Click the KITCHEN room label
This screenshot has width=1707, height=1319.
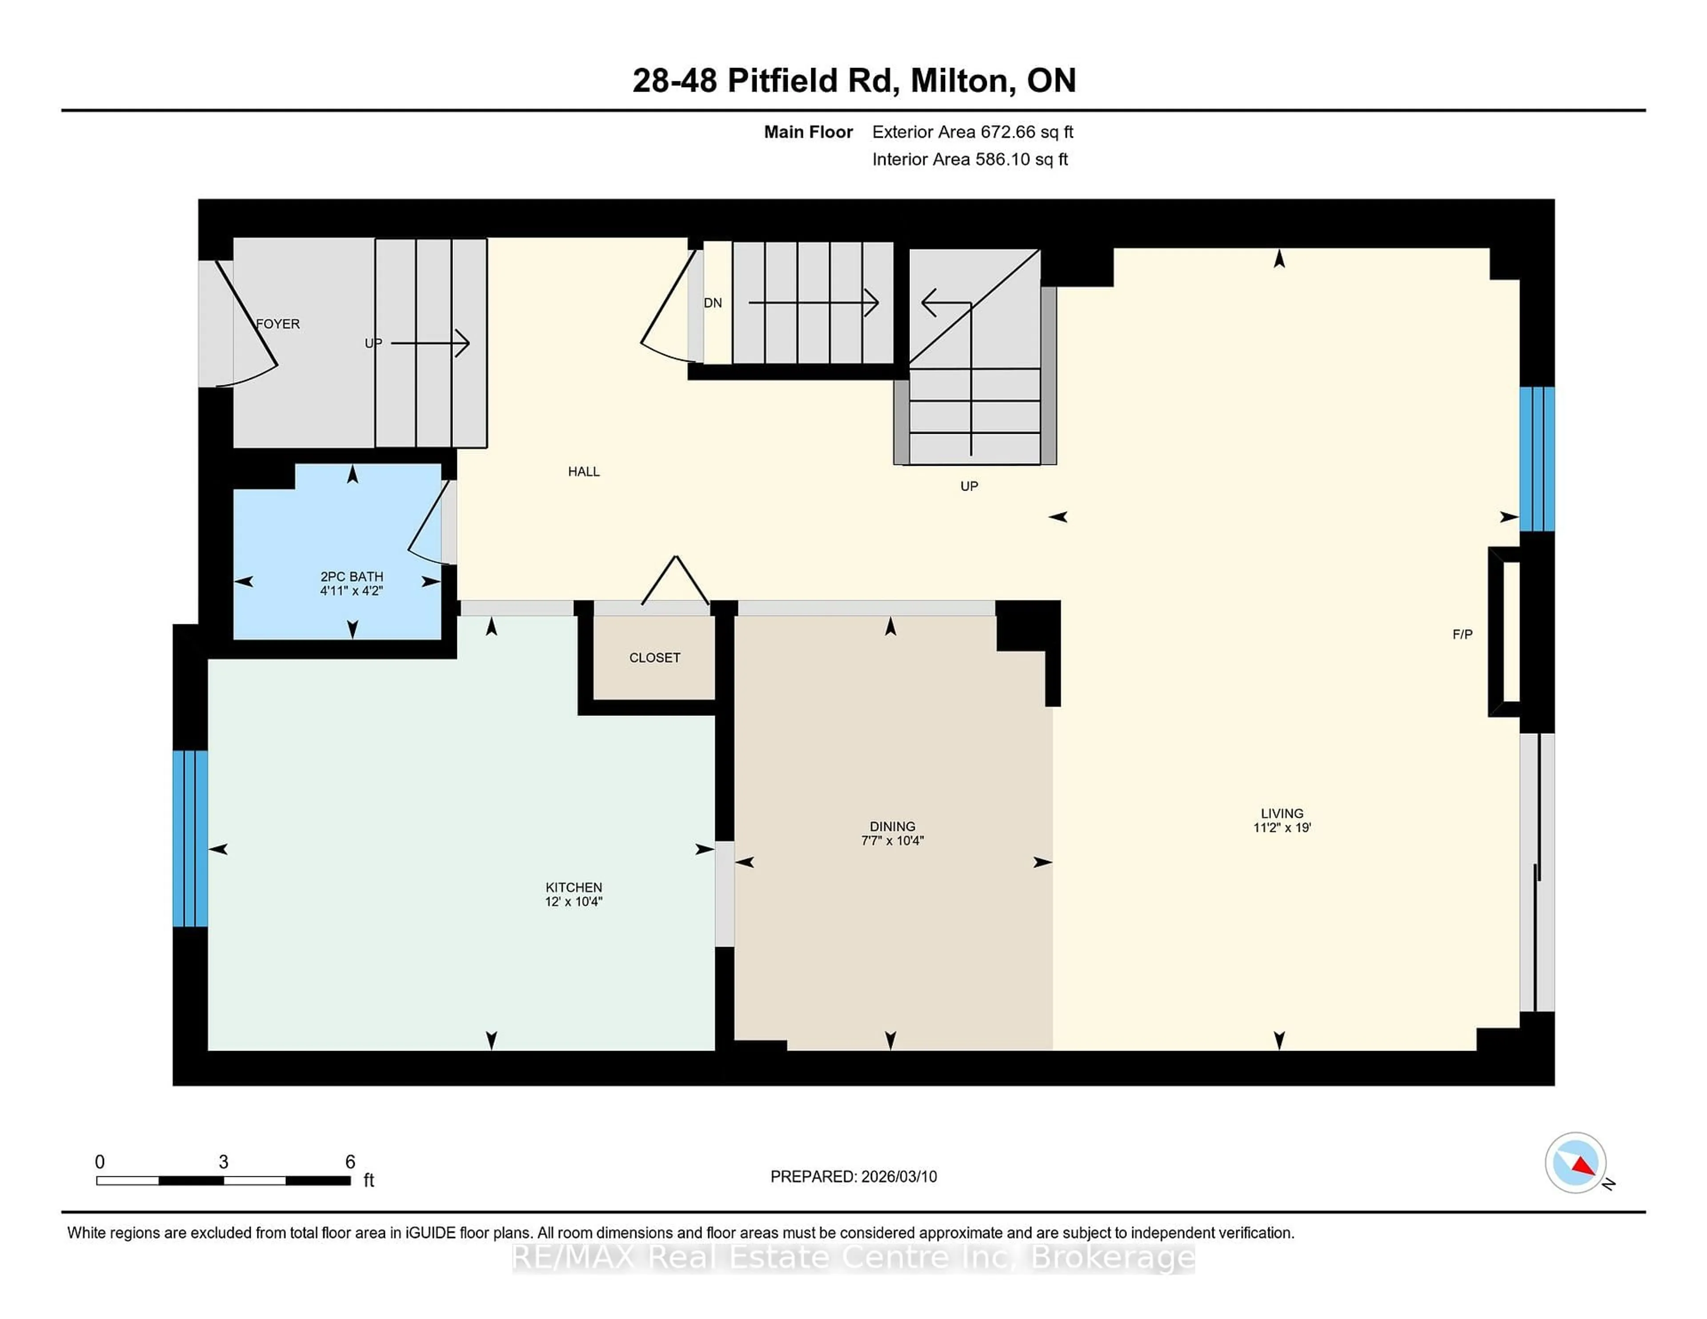point(574,887)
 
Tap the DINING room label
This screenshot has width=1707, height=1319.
point(892,826)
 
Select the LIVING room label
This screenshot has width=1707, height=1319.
point(1282,813)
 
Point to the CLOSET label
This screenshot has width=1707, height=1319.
point(654,658)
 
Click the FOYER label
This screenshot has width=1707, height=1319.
point(278,324)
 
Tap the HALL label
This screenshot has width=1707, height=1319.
point(584,471)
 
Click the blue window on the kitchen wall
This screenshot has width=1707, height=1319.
point(190,839)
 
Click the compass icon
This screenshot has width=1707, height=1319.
point(1575,1163)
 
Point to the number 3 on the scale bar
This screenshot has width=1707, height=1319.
point(224,1162)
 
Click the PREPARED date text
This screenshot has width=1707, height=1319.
point(853,1177)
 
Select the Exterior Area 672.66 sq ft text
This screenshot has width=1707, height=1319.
point(972,132)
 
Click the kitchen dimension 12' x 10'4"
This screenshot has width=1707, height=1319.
point(574,902)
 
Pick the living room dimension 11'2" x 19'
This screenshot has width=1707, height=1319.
point(1282,827)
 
